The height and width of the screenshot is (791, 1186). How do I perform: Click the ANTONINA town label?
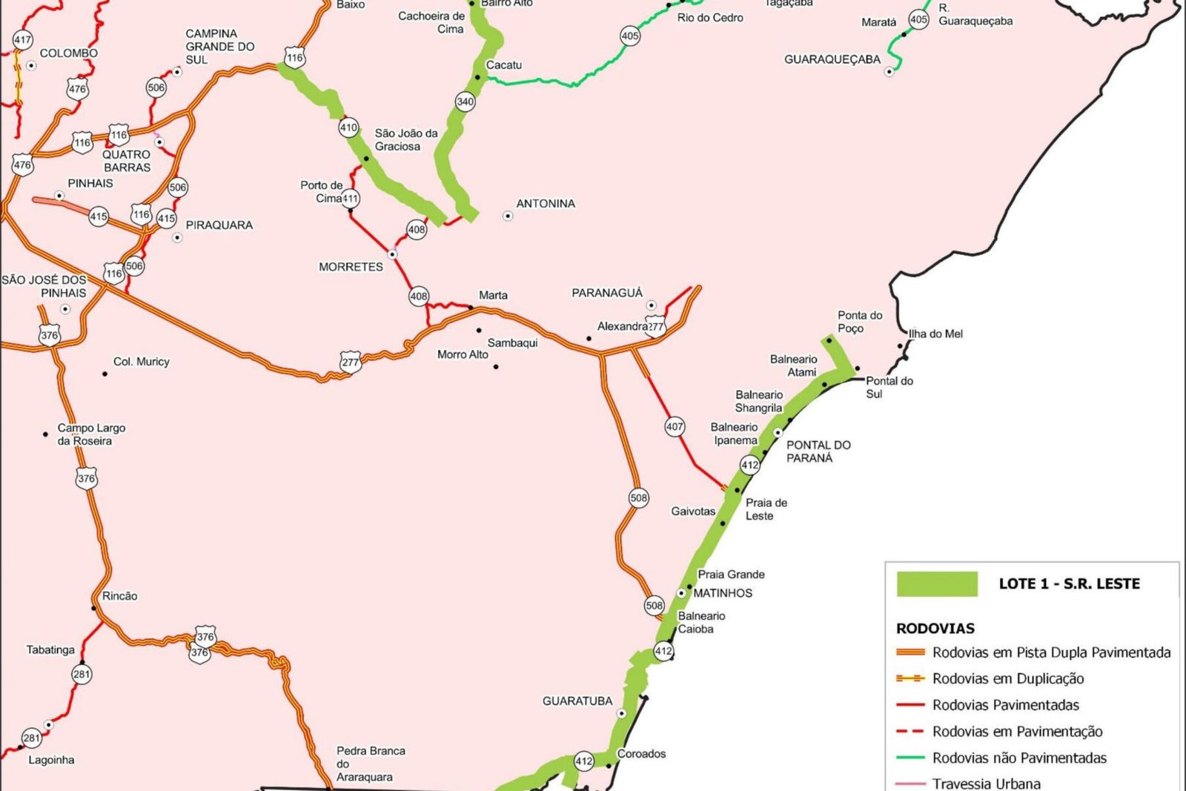545,204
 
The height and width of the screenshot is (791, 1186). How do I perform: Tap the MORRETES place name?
351,267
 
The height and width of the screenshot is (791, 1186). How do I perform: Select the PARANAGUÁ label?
607,293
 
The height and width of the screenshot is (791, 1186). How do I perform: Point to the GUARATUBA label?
577,701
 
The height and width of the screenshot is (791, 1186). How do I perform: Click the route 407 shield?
675,426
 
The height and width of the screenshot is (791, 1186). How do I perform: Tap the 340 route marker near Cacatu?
465,102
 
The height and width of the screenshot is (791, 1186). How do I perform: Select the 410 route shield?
348,128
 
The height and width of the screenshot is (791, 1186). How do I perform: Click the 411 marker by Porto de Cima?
350,199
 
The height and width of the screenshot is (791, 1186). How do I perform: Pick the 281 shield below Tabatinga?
82,674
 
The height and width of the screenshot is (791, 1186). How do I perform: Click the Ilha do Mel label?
935,334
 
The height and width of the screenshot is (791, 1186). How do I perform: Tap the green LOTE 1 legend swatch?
937,583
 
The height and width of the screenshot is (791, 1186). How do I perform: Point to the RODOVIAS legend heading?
935,629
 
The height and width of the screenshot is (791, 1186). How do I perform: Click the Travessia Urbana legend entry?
986,783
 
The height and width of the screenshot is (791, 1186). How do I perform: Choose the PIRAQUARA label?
219,225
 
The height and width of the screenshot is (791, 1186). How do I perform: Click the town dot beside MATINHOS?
681,593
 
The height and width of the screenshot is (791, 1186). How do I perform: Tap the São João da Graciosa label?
405,140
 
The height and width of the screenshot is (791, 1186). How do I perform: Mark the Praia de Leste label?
766,509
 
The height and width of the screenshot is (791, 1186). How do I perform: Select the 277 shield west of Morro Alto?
350,362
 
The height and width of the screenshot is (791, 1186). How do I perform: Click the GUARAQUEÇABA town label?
832,59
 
